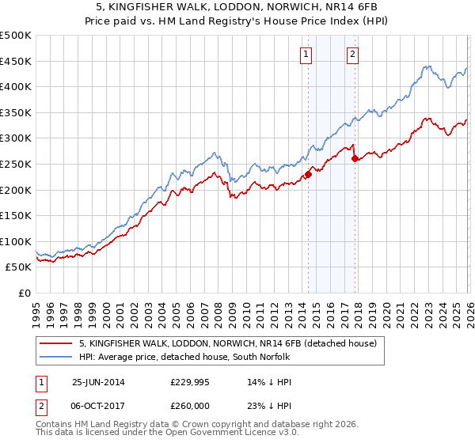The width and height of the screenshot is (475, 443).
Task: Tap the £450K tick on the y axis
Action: click(x=16, y=61)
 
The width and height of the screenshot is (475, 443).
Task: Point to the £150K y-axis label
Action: click(x=16, y=215)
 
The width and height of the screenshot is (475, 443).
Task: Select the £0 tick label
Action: click(x=25, y=293)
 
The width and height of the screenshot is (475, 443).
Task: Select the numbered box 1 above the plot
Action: click(x=306, y=55)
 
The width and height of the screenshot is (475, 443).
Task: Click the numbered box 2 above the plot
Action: click(x=352, y=55)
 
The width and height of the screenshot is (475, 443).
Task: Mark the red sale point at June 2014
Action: click(x=308, y=175)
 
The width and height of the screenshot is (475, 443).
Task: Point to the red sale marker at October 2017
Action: click(x=355, y=159)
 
